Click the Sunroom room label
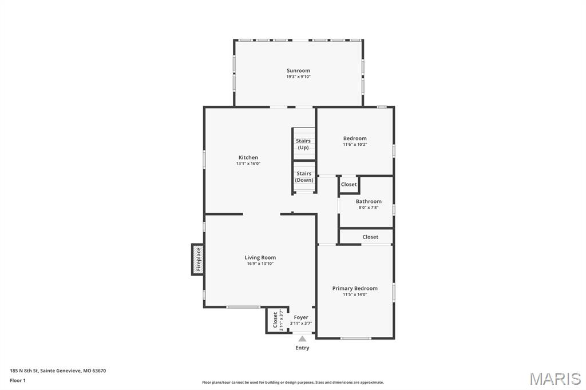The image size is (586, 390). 298,70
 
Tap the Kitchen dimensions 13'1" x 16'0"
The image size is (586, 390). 248,164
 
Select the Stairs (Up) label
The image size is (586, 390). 303,144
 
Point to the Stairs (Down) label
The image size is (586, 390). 304,177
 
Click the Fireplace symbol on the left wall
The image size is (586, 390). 198,259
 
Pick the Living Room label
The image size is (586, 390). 260,257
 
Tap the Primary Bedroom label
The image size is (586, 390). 355,288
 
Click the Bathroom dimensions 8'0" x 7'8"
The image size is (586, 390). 369,208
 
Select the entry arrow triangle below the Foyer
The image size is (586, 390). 302,339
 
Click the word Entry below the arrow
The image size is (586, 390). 302,348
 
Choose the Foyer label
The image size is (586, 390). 301,317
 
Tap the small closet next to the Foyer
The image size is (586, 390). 276,321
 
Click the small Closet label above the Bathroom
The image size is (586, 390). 349,184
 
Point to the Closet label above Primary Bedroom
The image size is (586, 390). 370,237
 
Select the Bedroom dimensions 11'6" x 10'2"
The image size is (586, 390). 355,145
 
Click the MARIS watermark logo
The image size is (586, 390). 555,379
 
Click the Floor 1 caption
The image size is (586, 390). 18,380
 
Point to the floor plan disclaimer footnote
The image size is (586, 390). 292,383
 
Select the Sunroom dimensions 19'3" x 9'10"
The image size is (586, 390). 298,77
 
